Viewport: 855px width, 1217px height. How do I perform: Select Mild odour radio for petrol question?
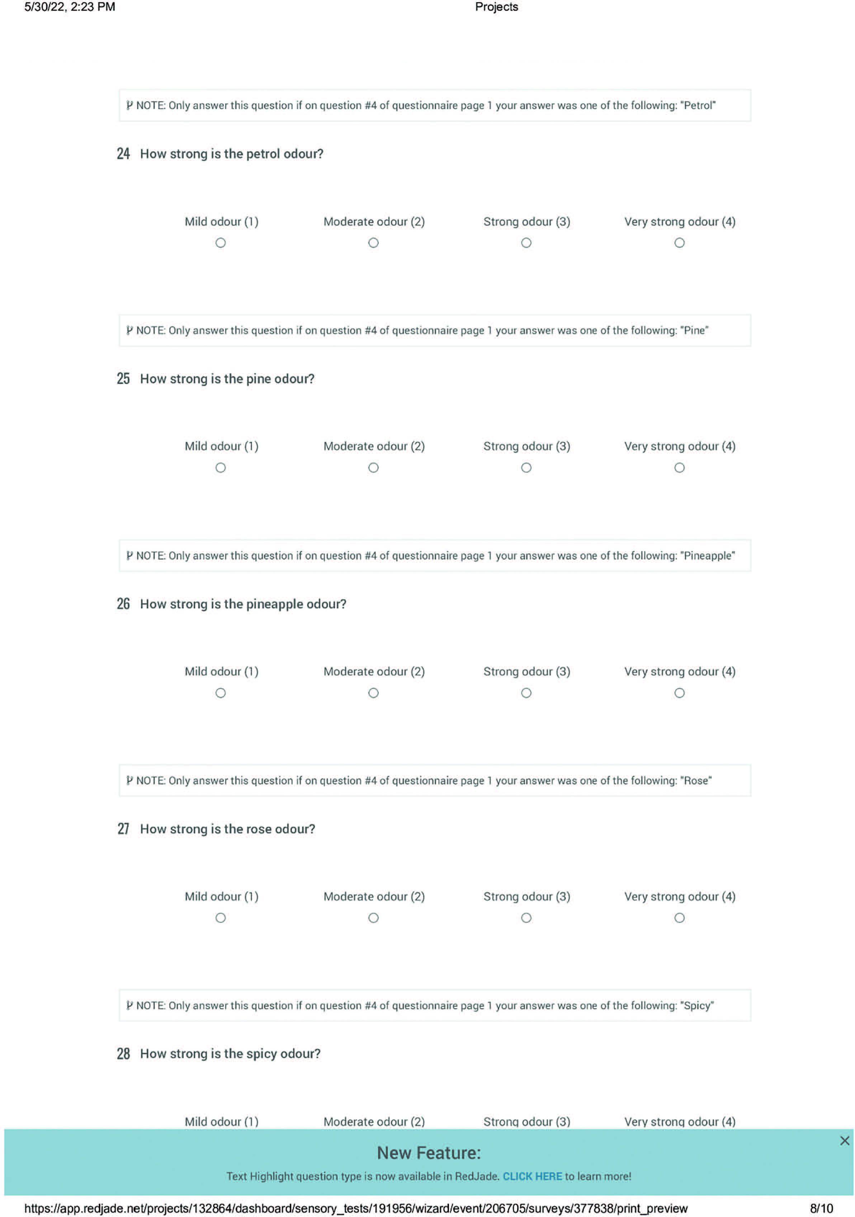pos(220,243)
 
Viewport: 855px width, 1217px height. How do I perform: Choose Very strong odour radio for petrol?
pos(679,243)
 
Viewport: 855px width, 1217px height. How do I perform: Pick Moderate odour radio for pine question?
pos(373,467)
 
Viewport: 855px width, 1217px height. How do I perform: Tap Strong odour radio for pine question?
pos(526,467)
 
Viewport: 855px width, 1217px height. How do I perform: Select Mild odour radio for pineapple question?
pos(220,693)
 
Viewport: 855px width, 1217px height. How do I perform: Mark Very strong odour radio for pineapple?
pos(679,693)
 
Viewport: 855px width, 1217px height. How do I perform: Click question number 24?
pos(123,154)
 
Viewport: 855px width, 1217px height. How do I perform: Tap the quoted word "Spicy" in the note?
pos(697,1006)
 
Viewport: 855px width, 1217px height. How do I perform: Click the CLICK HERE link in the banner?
pos(532,1176)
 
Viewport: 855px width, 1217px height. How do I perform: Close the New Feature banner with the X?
pos(844,1141)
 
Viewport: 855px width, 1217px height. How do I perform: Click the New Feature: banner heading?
pos(429,1153)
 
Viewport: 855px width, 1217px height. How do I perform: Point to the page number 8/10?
pos(821,1208)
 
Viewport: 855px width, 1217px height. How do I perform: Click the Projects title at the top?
pos(496,7)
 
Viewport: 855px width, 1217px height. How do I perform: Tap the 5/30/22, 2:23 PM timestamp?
pos(69,7)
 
